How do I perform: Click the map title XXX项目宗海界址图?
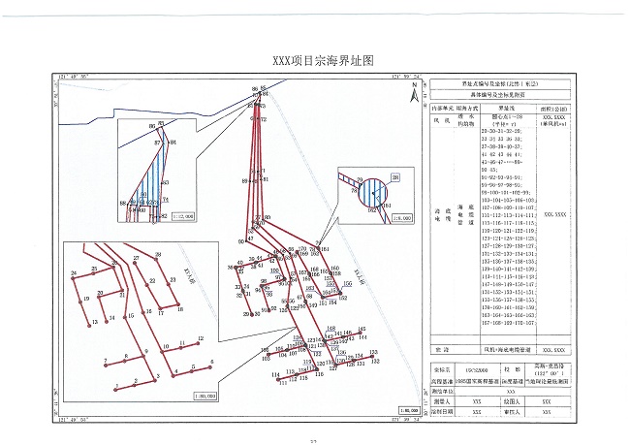(x=316, y=60)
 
